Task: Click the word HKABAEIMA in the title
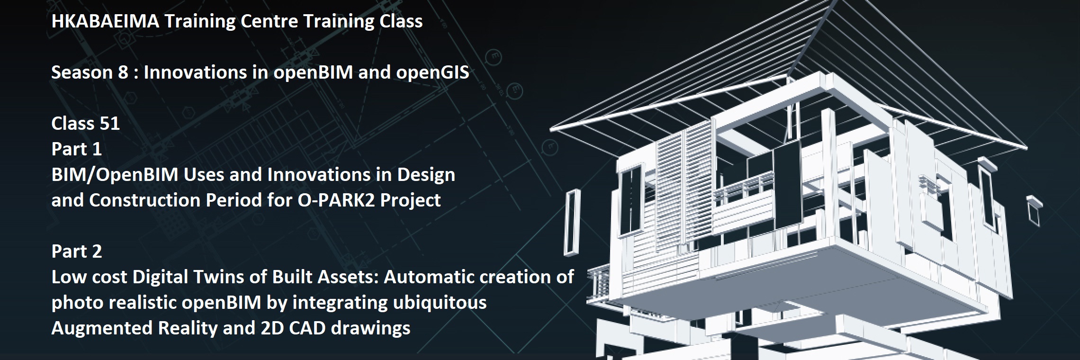click(x=105, y=21)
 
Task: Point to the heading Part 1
click(x=76, y=149)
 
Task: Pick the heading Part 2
click(x=76, y=252)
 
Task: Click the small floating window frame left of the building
click(x=572, y=222)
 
